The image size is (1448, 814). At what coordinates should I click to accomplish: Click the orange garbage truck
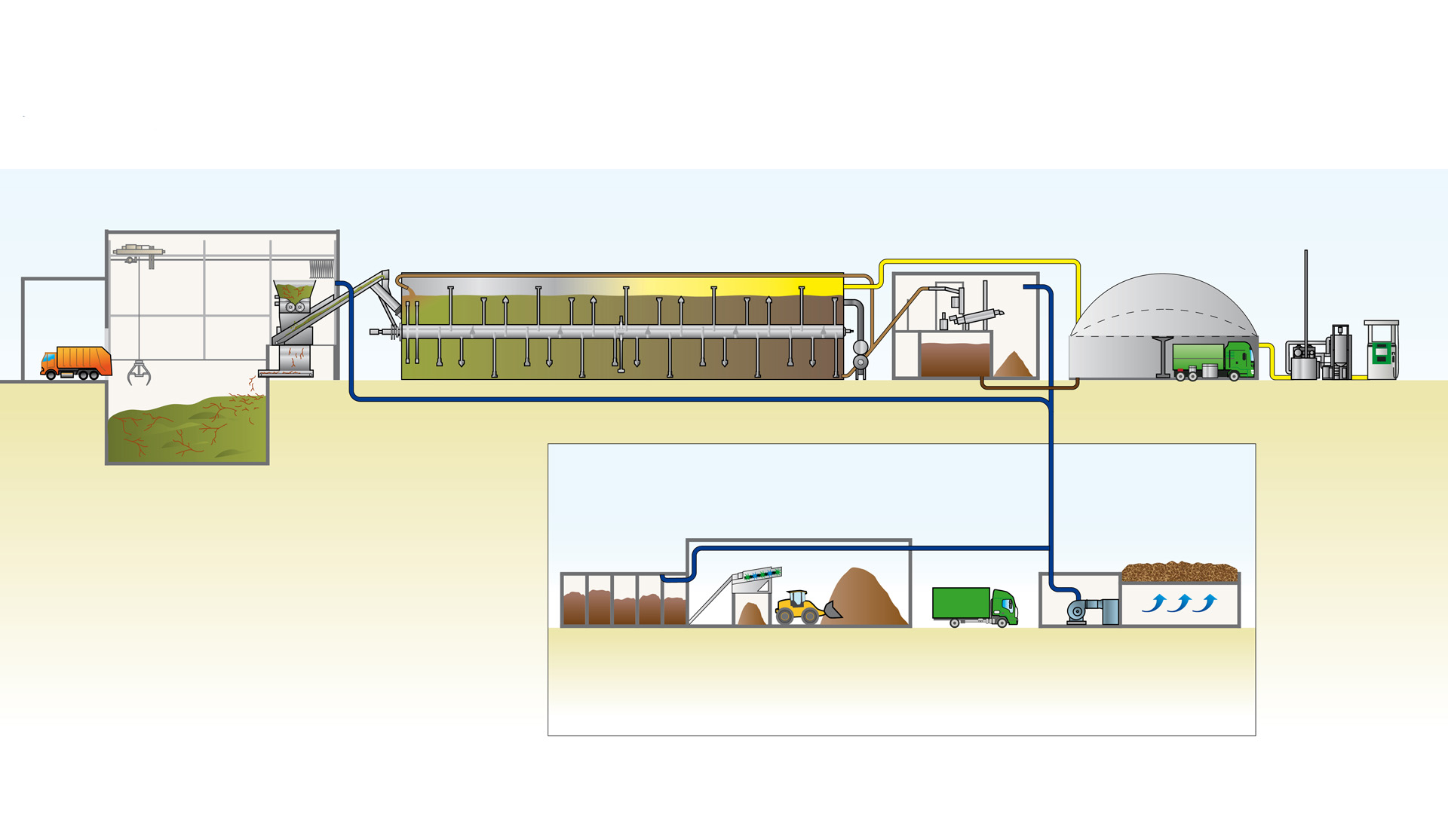tap(76, 363)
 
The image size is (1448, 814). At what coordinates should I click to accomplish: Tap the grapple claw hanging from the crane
tap(139, 372)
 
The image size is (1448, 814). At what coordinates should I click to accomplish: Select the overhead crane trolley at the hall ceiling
tap(139, 250)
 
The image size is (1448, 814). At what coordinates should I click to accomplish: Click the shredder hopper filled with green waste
tap(293, 289)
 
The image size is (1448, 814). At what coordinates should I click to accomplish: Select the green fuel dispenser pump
tap(1381, 351)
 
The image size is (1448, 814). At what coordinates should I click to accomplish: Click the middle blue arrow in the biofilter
tap(1180, 603)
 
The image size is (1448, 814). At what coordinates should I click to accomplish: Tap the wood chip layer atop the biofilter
tap(1179, 572)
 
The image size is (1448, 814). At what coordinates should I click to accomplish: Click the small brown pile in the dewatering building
tap(1013, 366)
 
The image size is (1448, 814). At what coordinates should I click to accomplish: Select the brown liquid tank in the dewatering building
tap(955, 359)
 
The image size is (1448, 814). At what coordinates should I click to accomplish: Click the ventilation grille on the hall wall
tap(321, 268)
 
